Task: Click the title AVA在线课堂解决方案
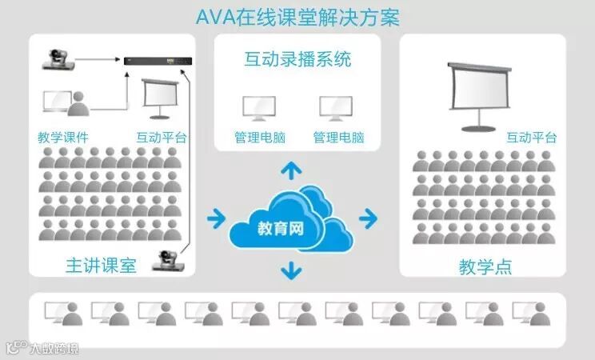(x=297, y=17)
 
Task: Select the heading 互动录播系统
(x=297, y=60)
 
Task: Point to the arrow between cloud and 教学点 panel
(x=367, y=217)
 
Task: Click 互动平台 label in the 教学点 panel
(x=531, y=137)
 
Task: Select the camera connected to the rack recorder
(x=61, y=58)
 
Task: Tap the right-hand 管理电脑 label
(x=338, y=137)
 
